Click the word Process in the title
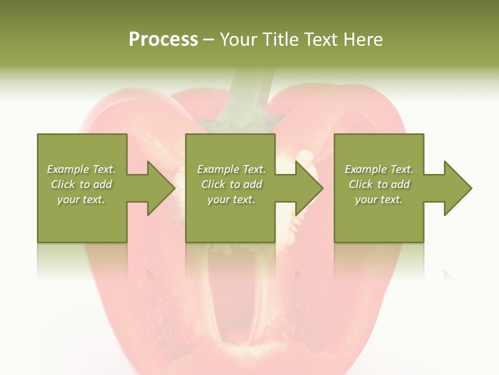click(x=163, y=40)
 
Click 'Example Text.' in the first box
click(x=82, y=169)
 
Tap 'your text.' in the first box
click(x=82, y=199)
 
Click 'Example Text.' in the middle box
click(x=231, y=169)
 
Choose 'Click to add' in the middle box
click(x=231, y=184)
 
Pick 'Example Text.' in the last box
click(x=379, y=169)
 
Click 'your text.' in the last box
click(x=379, y=199)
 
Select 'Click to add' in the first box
click(x=82, y=184)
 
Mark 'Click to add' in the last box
click(x=379, y=184)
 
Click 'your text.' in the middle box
click(x=231, y=199)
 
